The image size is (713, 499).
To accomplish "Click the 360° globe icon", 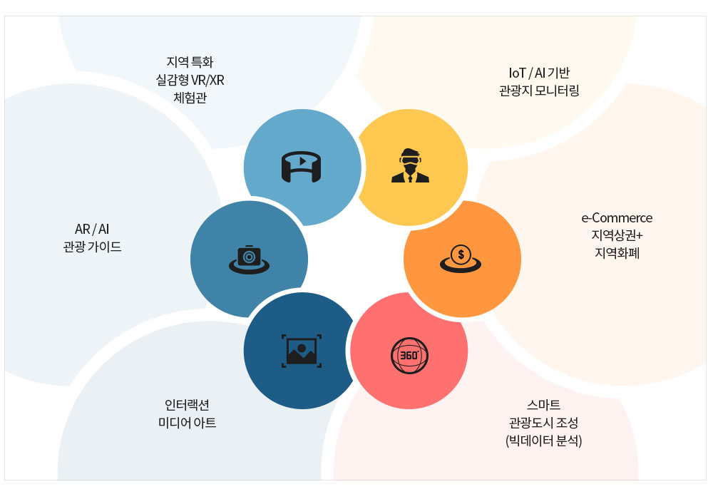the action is [409, 356].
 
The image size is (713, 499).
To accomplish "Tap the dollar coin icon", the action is [460, 259].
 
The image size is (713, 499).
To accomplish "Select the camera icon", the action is [249, 259].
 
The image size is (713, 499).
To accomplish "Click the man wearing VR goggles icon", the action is [410, 165].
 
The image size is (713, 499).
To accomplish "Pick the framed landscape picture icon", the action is [302, 351].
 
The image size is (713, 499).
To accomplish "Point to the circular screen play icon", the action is [301, 167].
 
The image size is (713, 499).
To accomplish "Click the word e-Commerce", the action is [617, 218].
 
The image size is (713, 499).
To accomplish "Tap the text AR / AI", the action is [92, 229].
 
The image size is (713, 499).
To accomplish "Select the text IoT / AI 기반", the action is [539, 73].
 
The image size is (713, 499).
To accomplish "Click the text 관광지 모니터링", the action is [539, 91].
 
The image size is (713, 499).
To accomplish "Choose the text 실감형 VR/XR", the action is [190, 80].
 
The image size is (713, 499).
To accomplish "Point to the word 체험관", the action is [190, 98].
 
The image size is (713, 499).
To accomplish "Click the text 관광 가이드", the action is [92, 247].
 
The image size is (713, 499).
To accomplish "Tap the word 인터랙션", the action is [187, 404].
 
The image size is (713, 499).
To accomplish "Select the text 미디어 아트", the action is [187, 423].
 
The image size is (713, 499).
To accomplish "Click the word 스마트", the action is [543, 404].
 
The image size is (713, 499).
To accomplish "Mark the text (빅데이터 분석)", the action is [543, 441].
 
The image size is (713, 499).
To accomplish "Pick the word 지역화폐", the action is [617, 252].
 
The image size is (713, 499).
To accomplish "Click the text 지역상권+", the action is [617, 235].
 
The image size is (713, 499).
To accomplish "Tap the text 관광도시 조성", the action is [543, 423].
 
